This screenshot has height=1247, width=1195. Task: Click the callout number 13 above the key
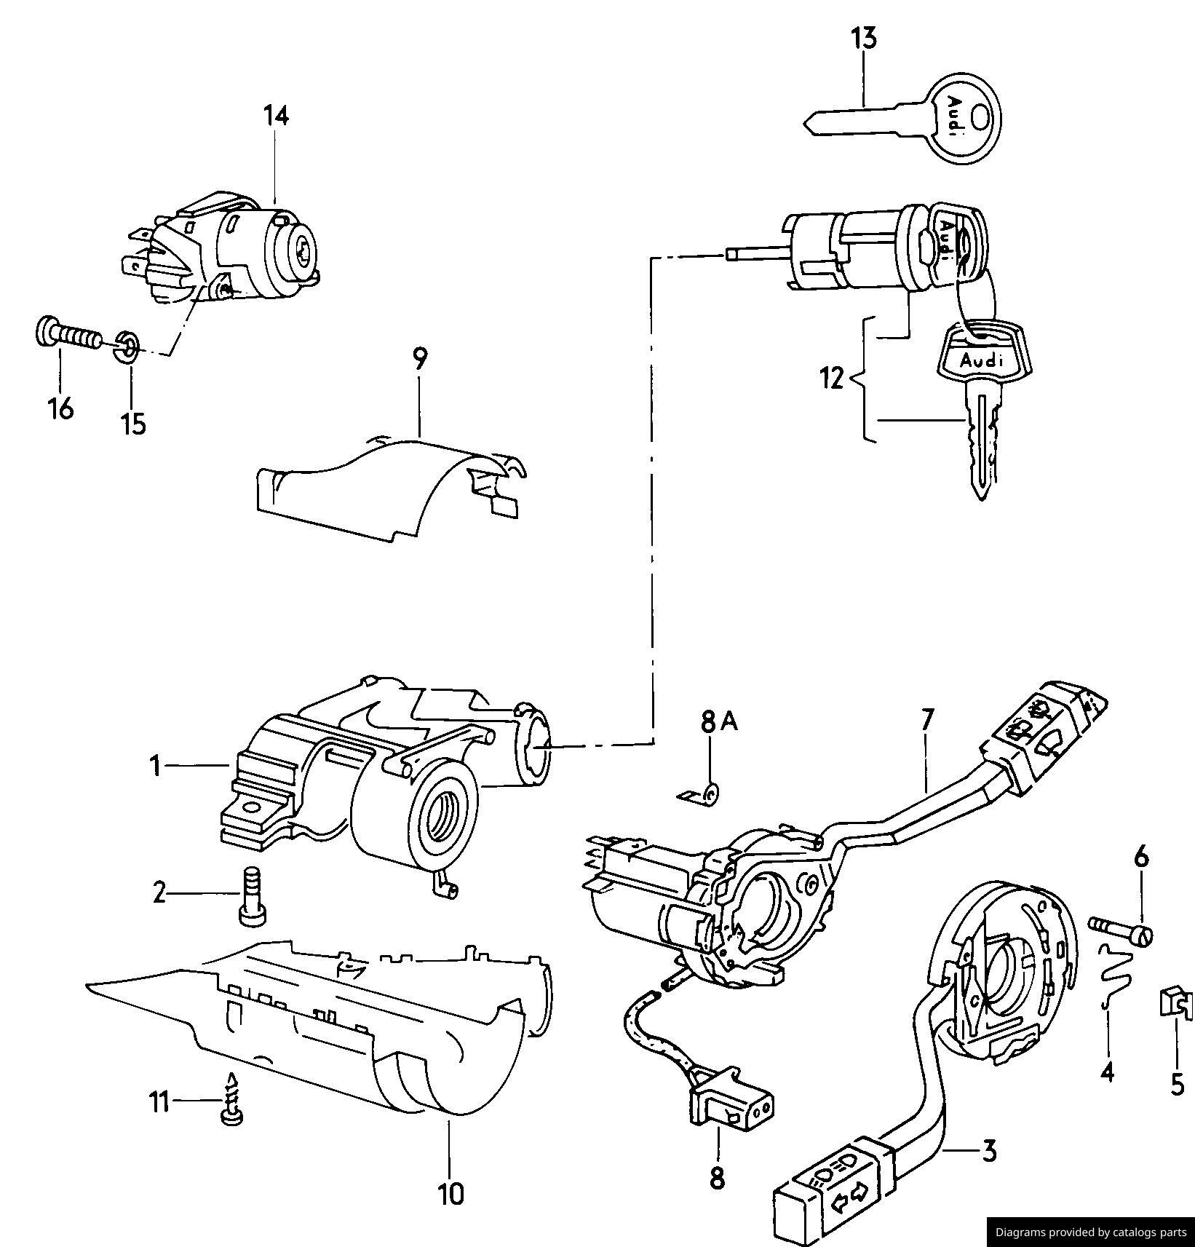pos(864,38)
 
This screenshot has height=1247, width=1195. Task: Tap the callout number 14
pos(276,116)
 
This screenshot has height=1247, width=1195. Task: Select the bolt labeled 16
pos(68,336)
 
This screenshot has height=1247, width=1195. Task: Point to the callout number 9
pos(420,358)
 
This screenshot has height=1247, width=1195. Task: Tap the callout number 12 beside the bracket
pos(831,379)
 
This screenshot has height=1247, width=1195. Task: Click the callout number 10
pos(450,1193)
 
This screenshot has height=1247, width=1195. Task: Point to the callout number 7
pos(926,719)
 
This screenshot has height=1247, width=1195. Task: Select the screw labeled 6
pos(1121,929)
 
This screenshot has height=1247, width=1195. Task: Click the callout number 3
pos(988,1151)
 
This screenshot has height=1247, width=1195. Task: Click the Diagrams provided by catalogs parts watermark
pos(1090,1232)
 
